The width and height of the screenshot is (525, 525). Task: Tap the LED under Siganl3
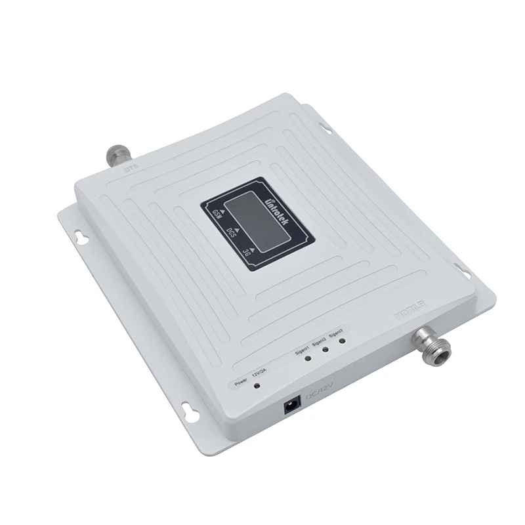(x=341, y=341)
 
